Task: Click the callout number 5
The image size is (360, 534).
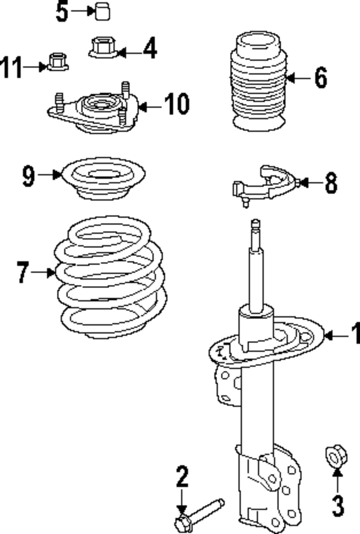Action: (x=62, y=12)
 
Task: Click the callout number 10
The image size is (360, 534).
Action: (x=177, y=105)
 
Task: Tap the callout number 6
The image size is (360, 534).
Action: (x=320, y=78)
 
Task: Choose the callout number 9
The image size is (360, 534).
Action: (x=29, y=175)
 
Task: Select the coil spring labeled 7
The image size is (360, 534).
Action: (x=110, y=278)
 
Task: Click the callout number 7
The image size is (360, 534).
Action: (x=22, y=273)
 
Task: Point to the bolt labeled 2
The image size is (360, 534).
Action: (x=200, y=512)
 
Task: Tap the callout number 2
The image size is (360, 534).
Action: (x=182, y=478)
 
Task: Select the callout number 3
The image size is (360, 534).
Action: (x=337, y=505)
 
